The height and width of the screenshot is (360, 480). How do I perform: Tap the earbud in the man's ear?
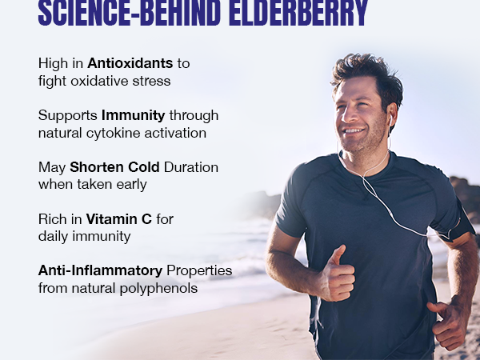click(390, 118)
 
